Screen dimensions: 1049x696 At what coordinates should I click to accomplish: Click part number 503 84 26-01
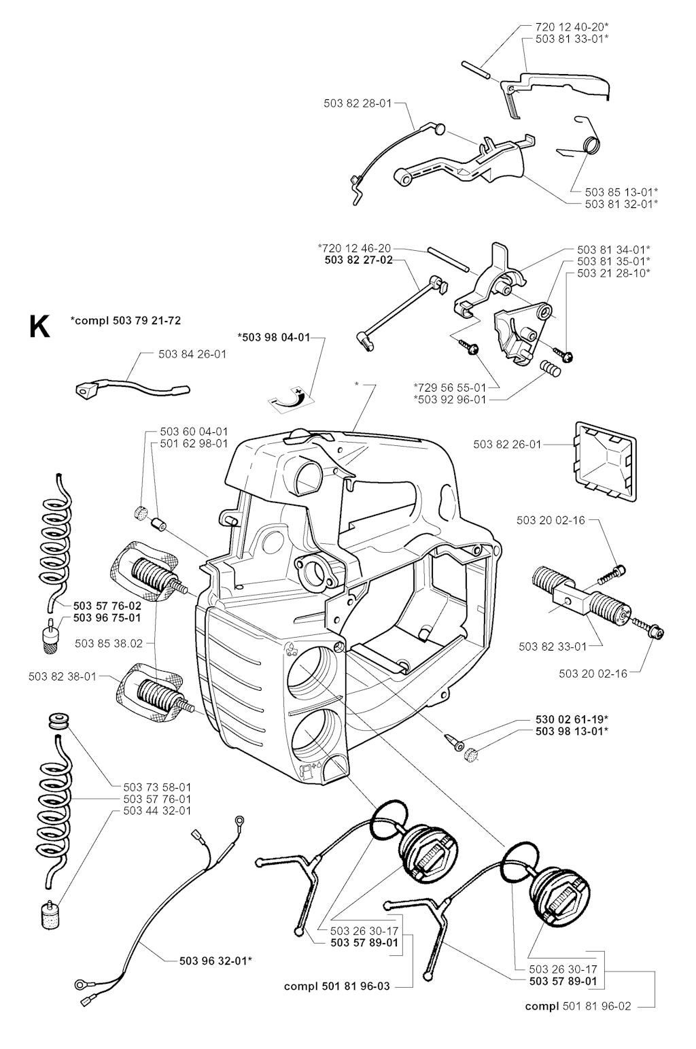(192, 354)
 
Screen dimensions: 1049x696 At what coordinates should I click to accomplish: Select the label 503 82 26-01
(507, 445)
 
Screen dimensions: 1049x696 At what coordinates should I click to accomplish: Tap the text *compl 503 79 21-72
(126, 320)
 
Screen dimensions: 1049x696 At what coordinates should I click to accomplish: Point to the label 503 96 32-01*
(216, 960)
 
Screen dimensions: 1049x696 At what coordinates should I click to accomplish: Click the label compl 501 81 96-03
(337, 986)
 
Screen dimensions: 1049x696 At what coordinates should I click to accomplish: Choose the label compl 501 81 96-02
(578, 1006)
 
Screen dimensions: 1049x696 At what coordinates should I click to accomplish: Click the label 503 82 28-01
(358, 103)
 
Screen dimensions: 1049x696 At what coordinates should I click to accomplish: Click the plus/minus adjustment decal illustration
(290, 397)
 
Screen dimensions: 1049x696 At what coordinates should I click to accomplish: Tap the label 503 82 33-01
(552, 646)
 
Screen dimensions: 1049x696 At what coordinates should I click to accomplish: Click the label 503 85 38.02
(109, 642)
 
